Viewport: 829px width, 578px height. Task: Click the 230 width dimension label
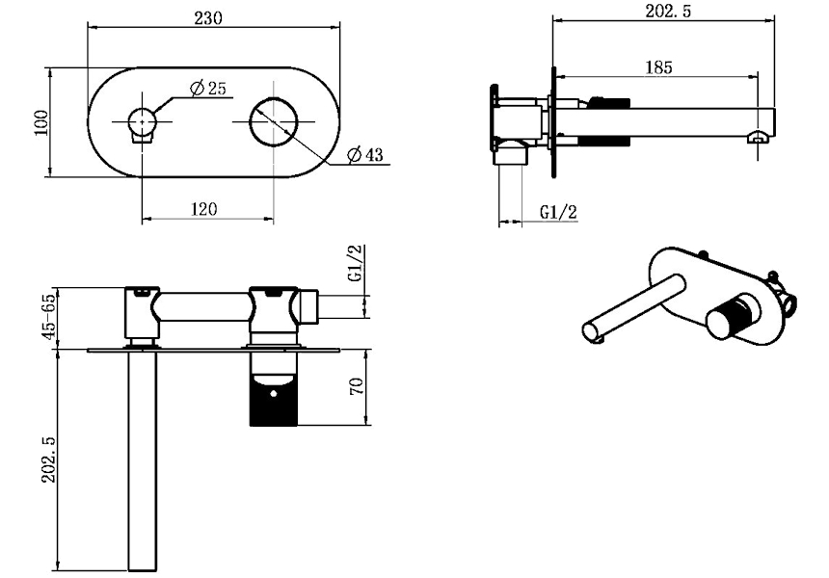208,18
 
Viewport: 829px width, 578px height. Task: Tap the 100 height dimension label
40,122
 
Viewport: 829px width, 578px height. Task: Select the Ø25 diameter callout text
207,89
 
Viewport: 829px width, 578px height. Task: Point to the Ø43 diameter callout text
364,155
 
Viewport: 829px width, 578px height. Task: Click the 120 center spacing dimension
203,209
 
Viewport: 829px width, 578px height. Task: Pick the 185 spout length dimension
658,67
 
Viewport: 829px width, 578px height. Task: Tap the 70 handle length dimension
357,385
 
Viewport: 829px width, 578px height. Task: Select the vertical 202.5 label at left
48,460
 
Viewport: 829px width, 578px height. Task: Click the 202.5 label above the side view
668,11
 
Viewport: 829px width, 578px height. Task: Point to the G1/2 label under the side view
558,212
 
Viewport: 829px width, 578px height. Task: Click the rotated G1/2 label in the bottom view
357,263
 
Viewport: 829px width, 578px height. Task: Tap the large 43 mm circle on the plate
274,121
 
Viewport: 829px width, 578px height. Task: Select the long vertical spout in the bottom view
143,460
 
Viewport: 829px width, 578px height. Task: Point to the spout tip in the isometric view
592,332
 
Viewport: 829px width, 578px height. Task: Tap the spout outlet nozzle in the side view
758,137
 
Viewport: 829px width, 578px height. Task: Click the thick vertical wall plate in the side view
553,122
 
